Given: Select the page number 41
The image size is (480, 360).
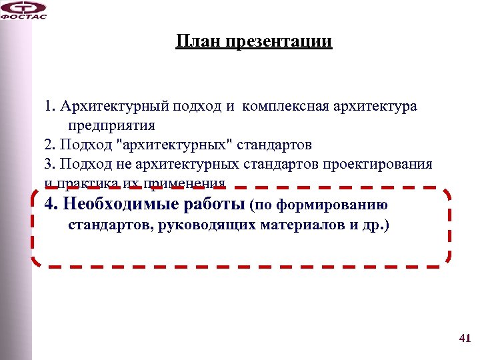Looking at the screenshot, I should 465,339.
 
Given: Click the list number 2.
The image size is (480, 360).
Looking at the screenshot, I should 49,145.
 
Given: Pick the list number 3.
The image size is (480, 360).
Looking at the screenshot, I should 49,164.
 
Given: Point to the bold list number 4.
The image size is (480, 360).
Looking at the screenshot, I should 50,203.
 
